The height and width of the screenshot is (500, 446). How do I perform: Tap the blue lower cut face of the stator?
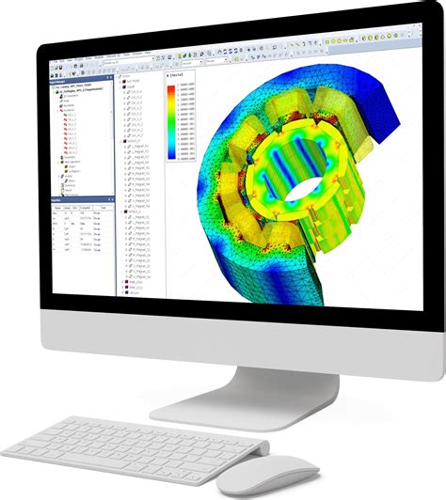pyautogui.click(x=282, y=282)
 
